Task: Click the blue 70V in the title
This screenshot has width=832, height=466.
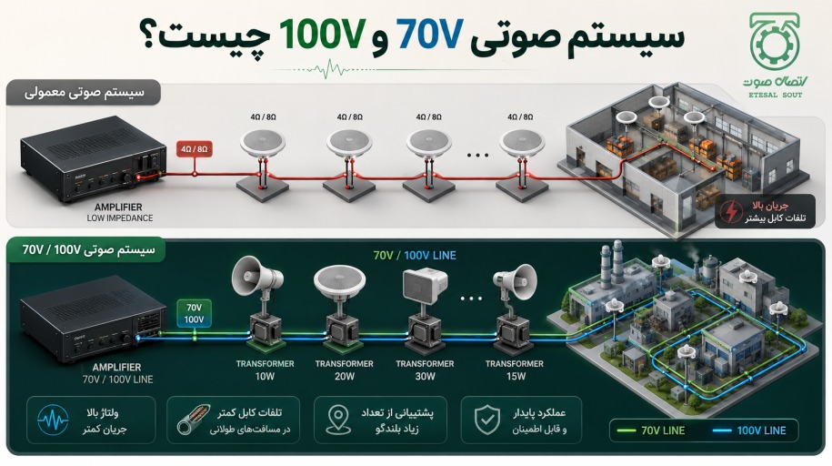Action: pyautogui.click(x=430, y=35)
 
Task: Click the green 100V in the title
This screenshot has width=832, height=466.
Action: pyautogui.click(x=323, y=35)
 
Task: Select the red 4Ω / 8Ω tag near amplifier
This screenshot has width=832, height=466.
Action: pyautogui.click(x=195, y=149)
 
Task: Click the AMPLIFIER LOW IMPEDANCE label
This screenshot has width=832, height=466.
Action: pyautogui.click(x=119, y=212)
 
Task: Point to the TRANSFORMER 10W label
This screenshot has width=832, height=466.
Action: pyautogui.click(x=265, y=370)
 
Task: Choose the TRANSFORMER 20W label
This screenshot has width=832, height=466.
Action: pyautogui.click(x=345, y=370)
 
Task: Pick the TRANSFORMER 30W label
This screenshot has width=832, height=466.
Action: pyautogui.click(x=425, y=370)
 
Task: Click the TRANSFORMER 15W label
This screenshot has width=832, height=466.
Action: pyautogui.click(x=515, y=370)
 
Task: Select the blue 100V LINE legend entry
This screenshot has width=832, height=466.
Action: pyautogui.click(x=749, y=431)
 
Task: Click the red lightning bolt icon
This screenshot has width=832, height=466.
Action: pyautogui.click(x=731, y=211)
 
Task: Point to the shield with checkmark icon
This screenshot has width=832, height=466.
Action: pyautogui.click(x=487, y=420)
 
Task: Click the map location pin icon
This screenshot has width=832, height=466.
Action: pyautogui.click(x=338, y=420)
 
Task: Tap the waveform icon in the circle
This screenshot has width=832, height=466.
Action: pyautogui.click(x=53, y=420)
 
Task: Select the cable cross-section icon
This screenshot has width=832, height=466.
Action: pyautogui.click(x=193, y=420)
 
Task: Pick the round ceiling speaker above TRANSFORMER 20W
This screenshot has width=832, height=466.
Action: pyautogui.click(x=339, y=279)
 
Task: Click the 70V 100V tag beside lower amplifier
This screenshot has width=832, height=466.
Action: pyautogui.click(x=195, y=313)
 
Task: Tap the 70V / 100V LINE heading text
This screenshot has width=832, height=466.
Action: pyautogui.click(x=415, y=256)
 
